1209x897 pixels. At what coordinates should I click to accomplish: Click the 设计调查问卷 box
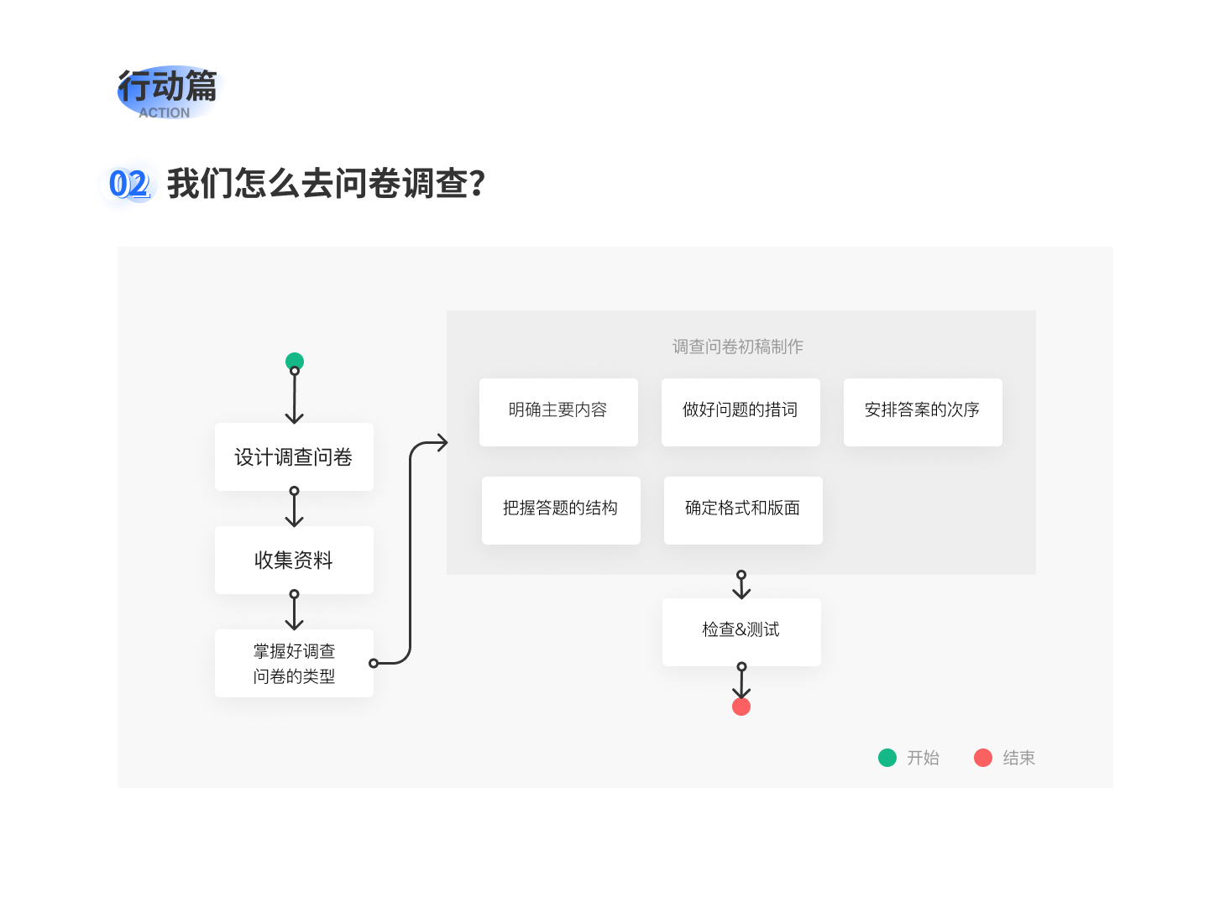pos(294,456)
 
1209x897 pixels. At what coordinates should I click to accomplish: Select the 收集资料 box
pos(294,560)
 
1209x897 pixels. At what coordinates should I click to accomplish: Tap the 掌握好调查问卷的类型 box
pos(294,663)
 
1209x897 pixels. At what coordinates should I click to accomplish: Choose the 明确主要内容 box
pos(558,412)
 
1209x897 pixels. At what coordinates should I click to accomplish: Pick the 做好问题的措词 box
pos(741,412)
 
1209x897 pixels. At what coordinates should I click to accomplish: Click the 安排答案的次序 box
pos(923,412)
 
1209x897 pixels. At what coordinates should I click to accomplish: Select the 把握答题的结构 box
pos(561,510)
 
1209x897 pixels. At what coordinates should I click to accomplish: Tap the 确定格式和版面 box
pos(743,510)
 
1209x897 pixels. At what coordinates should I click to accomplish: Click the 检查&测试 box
pos(741,632)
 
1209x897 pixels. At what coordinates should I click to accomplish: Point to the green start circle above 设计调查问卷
pos(295,361)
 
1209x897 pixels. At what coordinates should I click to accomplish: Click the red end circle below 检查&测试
pos(741,707)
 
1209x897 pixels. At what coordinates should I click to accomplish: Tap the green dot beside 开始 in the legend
pos(887,758)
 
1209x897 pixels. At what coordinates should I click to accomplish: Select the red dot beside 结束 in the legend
pos(983,758)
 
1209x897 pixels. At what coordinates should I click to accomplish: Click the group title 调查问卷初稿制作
pos(737,347)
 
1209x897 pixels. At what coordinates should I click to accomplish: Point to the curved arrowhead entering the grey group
pos(442,442)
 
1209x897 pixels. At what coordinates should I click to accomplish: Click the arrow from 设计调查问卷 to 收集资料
pos(295,507)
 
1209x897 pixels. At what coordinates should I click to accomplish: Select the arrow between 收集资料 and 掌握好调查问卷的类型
pos(295,610)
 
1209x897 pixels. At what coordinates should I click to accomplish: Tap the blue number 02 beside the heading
pos(129,184)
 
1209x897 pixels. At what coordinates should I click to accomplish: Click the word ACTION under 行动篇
pos(164,112)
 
